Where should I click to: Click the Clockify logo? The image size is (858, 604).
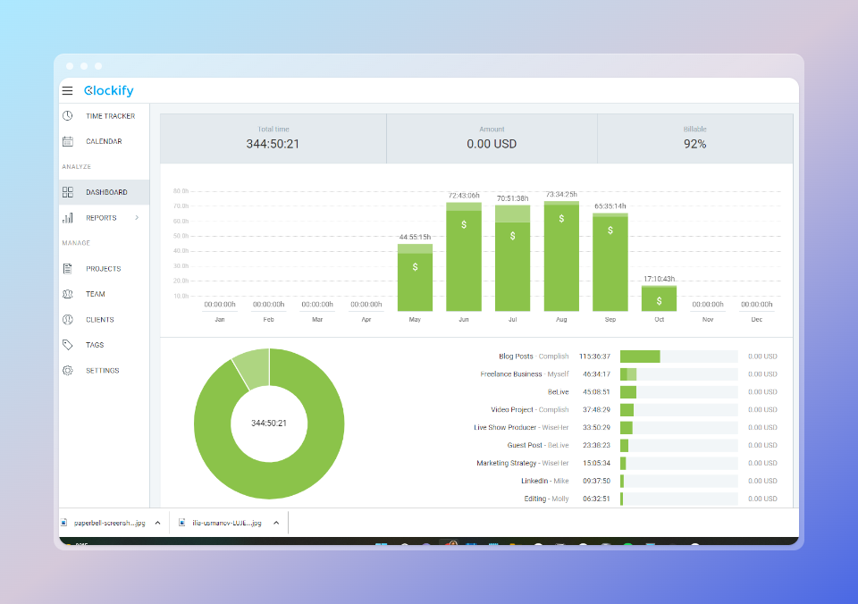point(108,90)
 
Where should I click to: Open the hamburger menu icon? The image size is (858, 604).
point(67,90)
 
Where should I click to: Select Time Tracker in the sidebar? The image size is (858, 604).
point(110,116)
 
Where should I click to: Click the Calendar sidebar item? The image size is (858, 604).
point(104,141)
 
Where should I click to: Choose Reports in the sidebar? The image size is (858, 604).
point(101,218)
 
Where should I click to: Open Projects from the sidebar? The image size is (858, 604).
point(103,269)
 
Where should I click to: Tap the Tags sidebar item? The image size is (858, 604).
point(95,345)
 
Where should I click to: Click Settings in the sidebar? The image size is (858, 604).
point(102,371)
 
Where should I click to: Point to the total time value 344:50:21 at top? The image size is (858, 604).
point(273,144)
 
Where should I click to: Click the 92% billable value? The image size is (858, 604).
point(694,144)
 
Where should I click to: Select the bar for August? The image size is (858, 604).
point(561,257)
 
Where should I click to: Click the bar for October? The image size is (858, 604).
point(659,298)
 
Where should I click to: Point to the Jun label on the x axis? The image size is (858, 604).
point(463,319)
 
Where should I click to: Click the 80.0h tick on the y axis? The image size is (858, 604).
point(181,191)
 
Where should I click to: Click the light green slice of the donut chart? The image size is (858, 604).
point(252,368)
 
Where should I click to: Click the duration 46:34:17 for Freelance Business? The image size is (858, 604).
point(596,374)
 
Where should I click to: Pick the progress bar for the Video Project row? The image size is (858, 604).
point(678,410)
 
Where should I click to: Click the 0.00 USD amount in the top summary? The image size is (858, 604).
point(492,144)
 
